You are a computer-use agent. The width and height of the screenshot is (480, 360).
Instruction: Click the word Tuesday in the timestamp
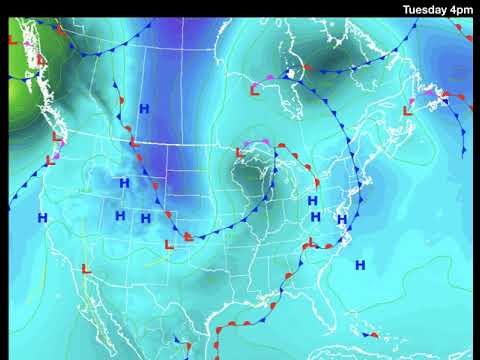(x=425, y=9)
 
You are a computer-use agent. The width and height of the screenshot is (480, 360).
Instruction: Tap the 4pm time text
(x=461, y=9)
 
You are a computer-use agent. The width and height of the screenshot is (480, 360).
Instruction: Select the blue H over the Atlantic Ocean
(x=360, y=265)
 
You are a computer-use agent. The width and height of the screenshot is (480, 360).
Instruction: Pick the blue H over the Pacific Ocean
(x=42, y=217)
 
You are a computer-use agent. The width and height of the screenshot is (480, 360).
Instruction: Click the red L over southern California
(x=86, y=269)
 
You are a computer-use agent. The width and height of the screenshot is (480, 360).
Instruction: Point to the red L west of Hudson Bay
(x=253, y=91)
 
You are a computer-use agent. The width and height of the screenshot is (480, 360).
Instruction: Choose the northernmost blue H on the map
(x=144, y=108)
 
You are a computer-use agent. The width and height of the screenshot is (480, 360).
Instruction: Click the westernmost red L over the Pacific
(x=12, y=41)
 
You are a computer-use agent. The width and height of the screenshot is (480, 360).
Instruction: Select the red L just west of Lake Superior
(x=240, y=153)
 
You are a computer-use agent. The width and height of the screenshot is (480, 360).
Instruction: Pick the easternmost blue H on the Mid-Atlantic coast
(x=341, y=219)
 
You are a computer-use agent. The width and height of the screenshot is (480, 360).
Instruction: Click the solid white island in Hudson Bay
(x=290, y=73)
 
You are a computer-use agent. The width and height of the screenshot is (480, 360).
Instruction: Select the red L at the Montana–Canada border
(x=133, y=143)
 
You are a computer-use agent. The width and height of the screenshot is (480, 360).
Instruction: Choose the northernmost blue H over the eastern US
(x=313, y=201)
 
